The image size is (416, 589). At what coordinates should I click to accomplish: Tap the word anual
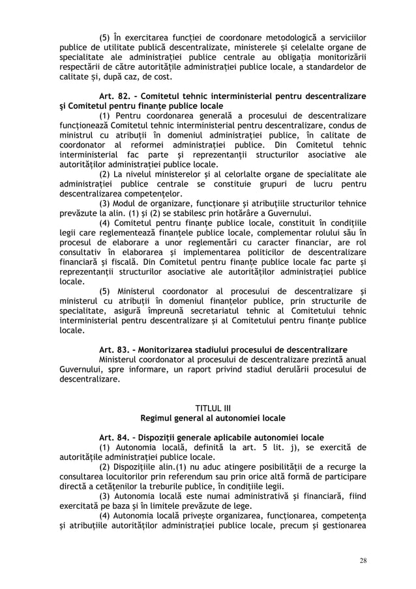coord(353,359)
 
